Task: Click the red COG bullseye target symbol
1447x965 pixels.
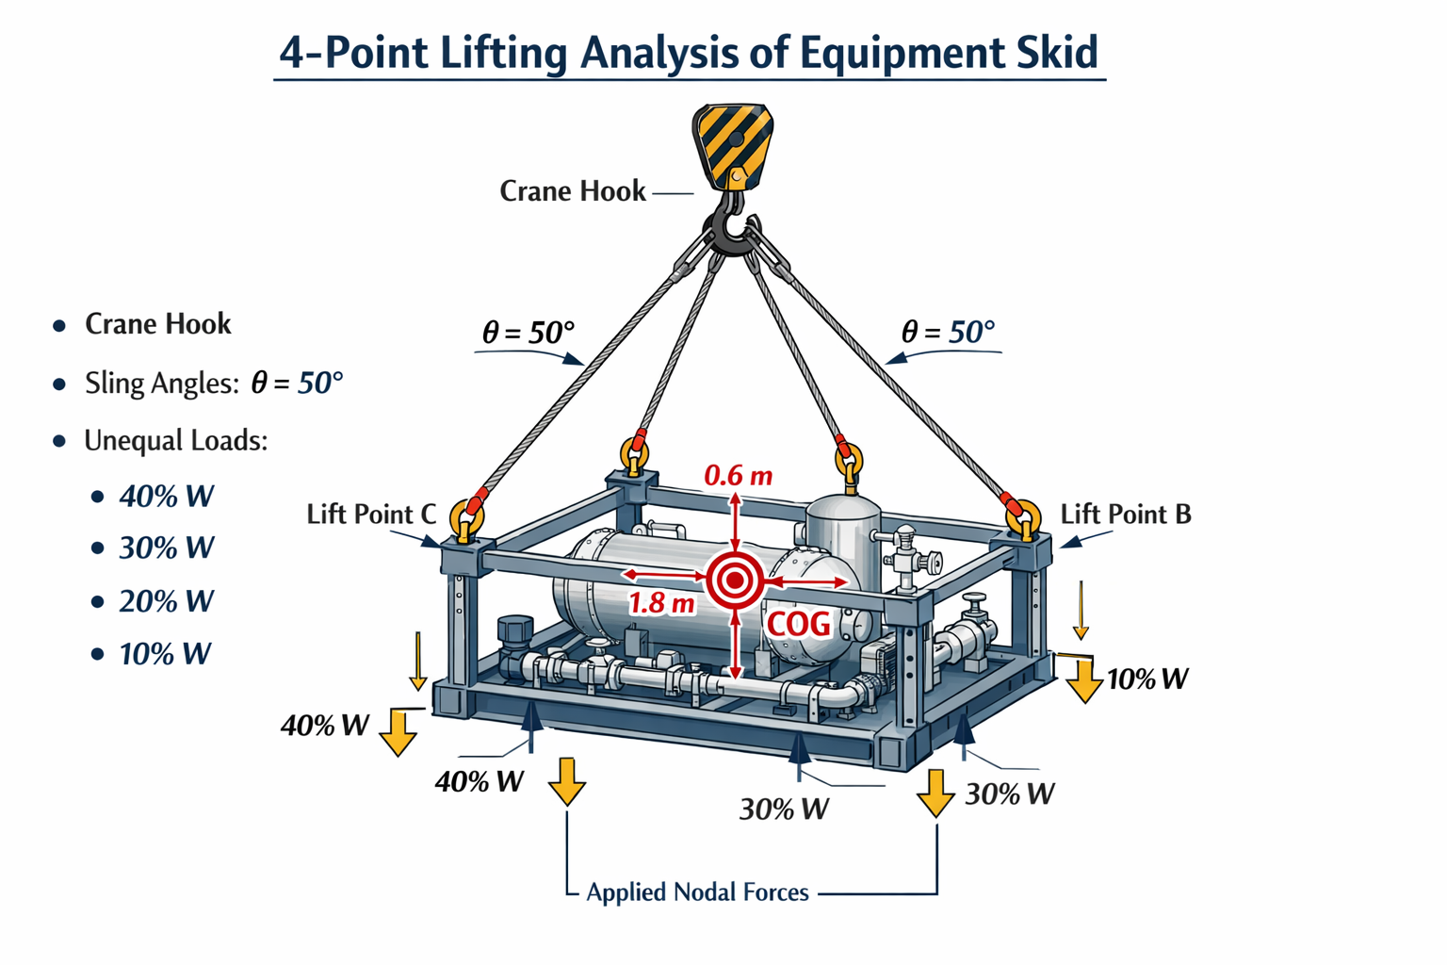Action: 735,581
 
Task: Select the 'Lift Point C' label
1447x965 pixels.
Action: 371,515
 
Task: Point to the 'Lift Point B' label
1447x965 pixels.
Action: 1126,515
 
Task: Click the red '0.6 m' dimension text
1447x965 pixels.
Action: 739,476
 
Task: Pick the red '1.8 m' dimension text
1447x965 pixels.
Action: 661,603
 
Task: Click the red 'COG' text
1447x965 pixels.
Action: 799,625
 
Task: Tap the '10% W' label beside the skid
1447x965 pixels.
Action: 1148,679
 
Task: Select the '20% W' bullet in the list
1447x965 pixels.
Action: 166,601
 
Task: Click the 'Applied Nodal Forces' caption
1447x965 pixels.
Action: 698,891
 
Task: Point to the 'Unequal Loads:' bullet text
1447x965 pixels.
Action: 176,441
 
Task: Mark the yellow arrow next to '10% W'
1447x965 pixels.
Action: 1084,680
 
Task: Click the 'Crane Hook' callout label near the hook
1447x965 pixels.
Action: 573,191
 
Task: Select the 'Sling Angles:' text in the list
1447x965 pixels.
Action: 162,384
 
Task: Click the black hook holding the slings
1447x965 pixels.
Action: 733,226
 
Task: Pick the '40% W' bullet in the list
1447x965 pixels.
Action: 166,497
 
